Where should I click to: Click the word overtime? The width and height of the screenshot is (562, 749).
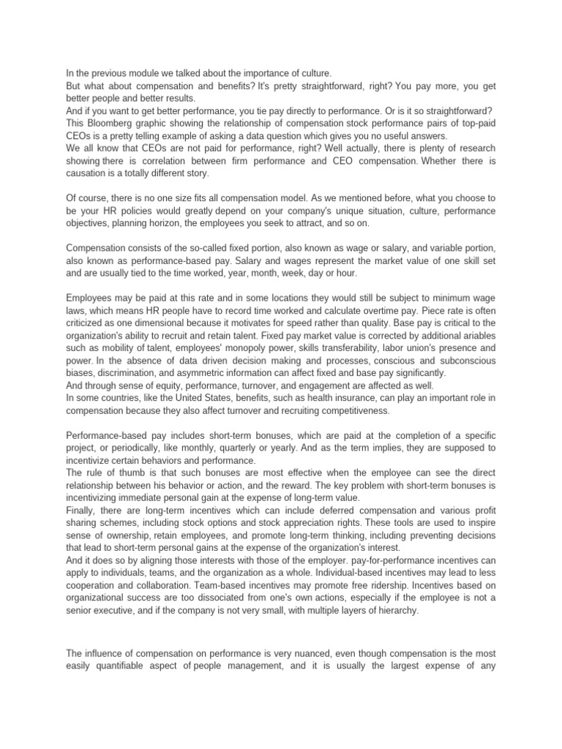click(x=386, y=311)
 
